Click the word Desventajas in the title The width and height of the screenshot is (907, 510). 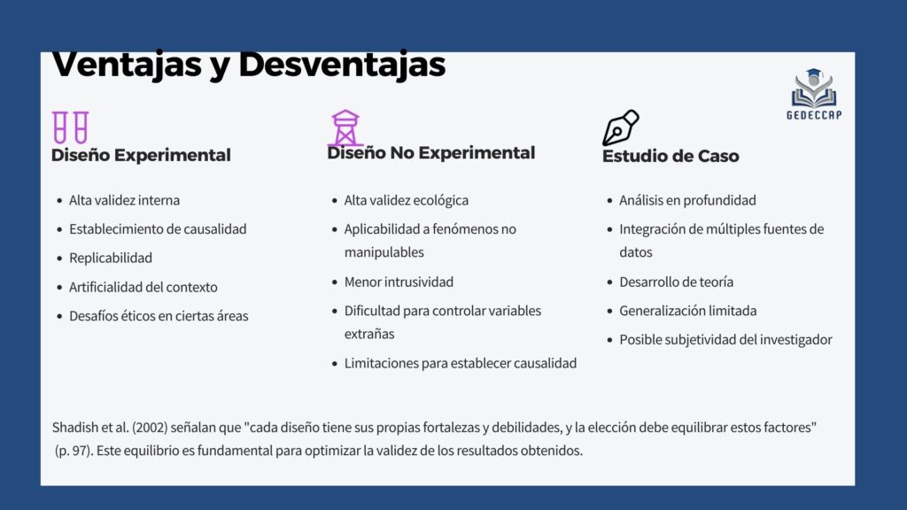342,64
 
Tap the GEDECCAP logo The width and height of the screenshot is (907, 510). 814,94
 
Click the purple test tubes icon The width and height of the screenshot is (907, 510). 71,127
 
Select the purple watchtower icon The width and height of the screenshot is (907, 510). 345,127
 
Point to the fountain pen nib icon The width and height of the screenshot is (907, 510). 620,127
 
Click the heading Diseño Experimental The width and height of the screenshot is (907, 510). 141,155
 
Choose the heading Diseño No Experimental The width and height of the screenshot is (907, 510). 431,152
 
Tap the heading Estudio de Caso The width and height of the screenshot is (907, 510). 671,156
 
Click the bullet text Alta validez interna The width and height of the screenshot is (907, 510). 124,200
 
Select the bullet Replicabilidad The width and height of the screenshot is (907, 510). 111,258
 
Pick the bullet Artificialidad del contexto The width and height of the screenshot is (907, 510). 143,287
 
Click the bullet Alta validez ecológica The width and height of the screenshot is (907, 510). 406,200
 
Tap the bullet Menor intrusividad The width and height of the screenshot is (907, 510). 399,282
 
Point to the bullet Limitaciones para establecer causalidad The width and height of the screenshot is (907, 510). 461,363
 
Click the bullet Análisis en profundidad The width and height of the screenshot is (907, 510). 687,200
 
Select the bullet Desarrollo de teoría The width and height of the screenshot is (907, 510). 676,282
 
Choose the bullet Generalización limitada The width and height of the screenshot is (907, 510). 687,311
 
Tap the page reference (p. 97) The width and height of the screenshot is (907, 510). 74,451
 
